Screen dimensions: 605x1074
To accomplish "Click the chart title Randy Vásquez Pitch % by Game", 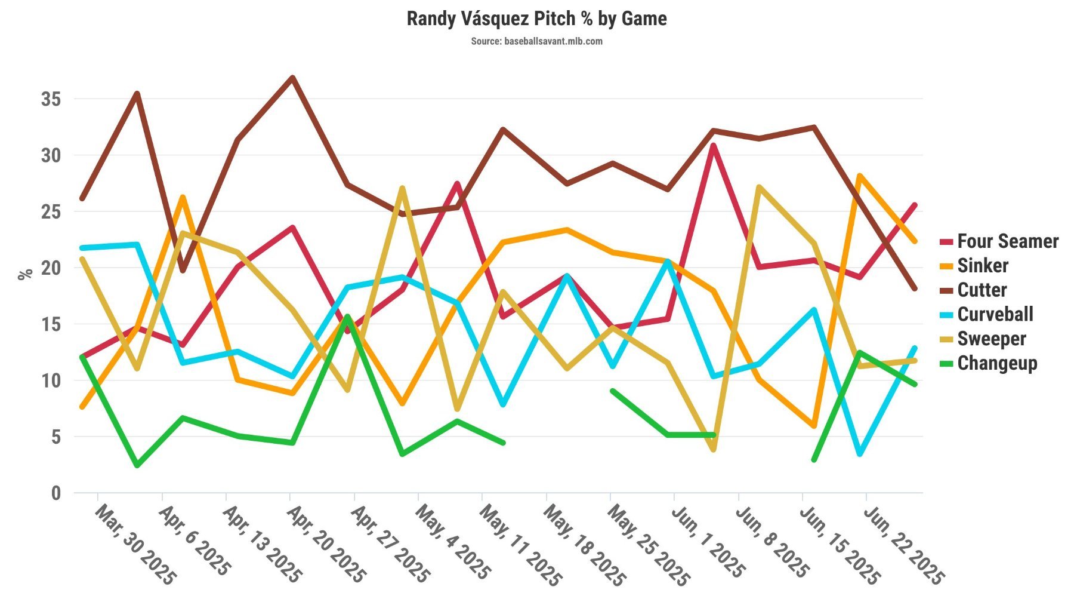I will coord(536,19).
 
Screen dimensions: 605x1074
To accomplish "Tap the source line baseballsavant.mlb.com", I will coord(536,41).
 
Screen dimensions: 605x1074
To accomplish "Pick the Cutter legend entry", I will coord(982,290).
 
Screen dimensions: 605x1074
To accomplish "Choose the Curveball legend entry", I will coord(995,315).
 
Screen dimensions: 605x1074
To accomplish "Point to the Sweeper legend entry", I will coord(991,339).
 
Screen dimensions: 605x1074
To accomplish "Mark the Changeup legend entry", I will coord(996,364).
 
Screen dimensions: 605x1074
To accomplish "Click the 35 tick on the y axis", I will coord(51,99).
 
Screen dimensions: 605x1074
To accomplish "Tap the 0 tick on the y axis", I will coord(56,493).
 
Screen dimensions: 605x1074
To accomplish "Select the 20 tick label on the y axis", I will coord(51,268).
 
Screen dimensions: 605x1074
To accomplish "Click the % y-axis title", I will coord(25,275).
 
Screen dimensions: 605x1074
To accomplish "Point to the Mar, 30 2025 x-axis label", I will coord(135,545).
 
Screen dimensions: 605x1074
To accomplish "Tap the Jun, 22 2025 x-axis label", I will coord(903,545).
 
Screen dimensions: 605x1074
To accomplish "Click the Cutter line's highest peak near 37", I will coord(292,78).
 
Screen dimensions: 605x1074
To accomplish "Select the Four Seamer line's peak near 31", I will coord(714,145).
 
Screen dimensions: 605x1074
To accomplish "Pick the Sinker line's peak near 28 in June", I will coord(860,176).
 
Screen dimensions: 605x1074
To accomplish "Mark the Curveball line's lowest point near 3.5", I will coord(860,454).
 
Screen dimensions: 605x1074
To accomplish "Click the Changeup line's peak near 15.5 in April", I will coord(347,317).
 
